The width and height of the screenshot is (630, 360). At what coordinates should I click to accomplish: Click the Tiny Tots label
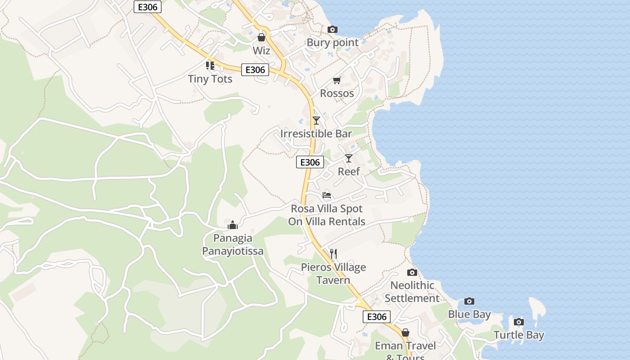(x=210, y=79)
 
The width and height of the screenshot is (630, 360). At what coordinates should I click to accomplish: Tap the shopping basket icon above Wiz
(x=261, y=37)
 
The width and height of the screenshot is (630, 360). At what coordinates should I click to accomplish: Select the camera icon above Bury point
(x=333, y=30)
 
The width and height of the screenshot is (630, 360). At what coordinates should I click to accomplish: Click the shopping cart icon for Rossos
(x=337, y=81)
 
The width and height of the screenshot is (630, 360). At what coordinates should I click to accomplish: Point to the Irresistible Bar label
(x=316, y=134)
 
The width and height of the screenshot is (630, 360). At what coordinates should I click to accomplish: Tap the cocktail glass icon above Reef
(x=349, y=158)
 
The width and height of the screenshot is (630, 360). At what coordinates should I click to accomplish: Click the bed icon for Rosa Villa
(x=327, y=195)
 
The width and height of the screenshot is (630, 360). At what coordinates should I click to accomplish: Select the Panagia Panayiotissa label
(x=233, y=244)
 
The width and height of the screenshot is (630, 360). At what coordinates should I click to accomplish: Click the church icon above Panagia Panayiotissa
(x=233, y=225)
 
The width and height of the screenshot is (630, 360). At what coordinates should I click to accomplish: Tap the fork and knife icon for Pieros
(x=333, y=254)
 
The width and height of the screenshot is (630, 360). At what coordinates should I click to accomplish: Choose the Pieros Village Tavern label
(x=333, y=274)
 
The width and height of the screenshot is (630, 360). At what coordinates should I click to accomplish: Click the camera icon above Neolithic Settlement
(x=412, y=272)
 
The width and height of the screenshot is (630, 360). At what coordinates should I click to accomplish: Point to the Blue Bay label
(x=469, y=314)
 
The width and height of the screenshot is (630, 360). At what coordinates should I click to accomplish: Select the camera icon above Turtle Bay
(x=519, y=322)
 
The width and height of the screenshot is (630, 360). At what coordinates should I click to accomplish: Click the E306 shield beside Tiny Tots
(x=255, y=70)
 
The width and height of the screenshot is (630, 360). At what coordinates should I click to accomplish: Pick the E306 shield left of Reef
(x=310, y=162)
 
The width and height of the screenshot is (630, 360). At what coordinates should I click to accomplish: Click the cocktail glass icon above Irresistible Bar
(x=316, y=120)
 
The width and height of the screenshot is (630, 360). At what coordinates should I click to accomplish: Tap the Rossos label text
(x=337, y=93)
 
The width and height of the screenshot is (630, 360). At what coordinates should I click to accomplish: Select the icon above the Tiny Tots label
(x=210, y=66)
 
